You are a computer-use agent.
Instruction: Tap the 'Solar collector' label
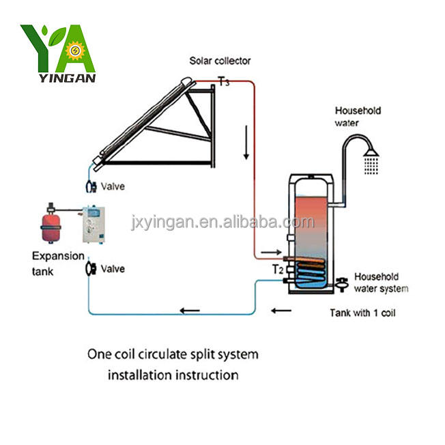coord(220,61)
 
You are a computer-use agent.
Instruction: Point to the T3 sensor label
coord(223,82)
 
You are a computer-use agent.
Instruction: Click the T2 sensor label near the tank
coord(278,269)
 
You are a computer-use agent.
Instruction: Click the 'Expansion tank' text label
coord(58,263)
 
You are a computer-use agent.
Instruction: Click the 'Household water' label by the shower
coord(357,117)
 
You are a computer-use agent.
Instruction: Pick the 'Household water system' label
coord(380,283)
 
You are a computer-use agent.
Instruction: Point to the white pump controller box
coord(94,226)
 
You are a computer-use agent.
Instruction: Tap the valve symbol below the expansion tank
coord(89,269)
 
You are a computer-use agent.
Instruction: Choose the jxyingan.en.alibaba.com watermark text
coord(221,222)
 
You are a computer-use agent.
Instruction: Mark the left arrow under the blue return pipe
coord(190,312)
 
